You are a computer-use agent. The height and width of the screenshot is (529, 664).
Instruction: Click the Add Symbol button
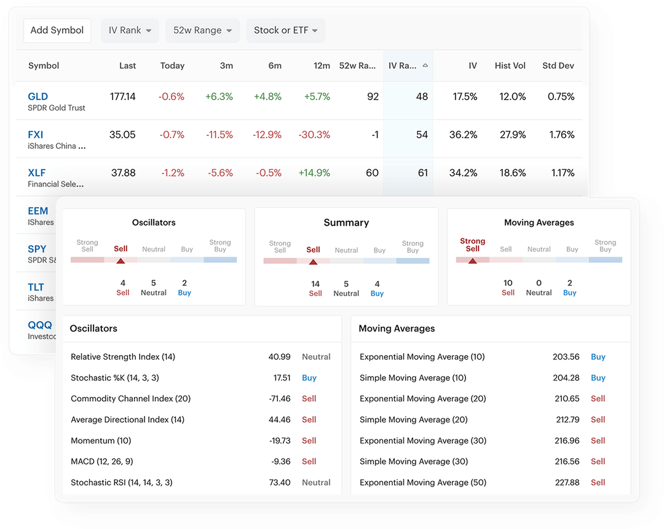[x=57, y=30]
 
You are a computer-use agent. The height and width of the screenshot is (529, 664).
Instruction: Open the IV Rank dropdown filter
[x=130, y=30]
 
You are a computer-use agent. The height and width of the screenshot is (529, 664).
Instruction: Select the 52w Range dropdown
[x=202, y=30]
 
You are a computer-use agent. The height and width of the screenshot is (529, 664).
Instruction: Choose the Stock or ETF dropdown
[x=285, y=30]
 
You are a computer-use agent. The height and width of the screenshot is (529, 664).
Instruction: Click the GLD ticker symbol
[x=38, y=96]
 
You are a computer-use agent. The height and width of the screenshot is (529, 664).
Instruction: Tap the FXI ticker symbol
[x=36, y=135]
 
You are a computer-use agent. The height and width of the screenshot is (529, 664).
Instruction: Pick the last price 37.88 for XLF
[x=123, y=173]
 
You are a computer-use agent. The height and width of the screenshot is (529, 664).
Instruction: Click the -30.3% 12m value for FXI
[x=314, y=135]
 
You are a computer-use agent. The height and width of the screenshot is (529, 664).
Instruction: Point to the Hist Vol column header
[x=510, y=66]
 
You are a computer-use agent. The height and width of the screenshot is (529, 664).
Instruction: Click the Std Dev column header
[x=558, y=66]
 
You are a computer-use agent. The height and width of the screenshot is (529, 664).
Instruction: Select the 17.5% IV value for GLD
[x=464, y=96]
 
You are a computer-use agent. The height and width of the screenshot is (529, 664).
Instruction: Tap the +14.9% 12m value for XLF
[x=314, y=173]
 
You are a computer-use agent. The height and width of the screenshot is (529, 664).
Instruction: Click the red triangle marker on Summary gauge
[x=313, y=262]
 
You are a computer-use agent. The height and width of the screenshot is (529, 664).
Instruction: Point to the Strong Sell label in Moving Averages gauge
[x=472, y=245]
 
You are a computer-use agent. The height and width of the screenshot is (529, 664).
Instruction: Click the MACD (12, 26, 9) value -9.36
[x=280, y=461]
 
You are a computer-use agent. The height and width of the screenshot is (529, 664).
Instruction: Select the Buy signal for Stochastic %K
[x=309, y=378]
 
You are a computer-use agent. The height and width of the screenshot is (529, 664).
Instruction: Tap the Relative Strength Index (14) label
[x=123, y=357]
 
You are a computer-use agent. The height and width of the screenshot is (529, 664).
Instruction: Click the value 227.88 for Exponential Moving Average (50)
[x=566, y=482]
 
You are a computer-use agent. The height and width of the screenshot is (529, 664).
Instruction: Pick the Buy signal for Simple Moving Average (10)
[x=598, y=378]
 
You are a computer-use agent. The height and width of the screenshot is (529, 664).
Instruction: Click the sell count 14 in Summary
[x=315, y=284]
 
